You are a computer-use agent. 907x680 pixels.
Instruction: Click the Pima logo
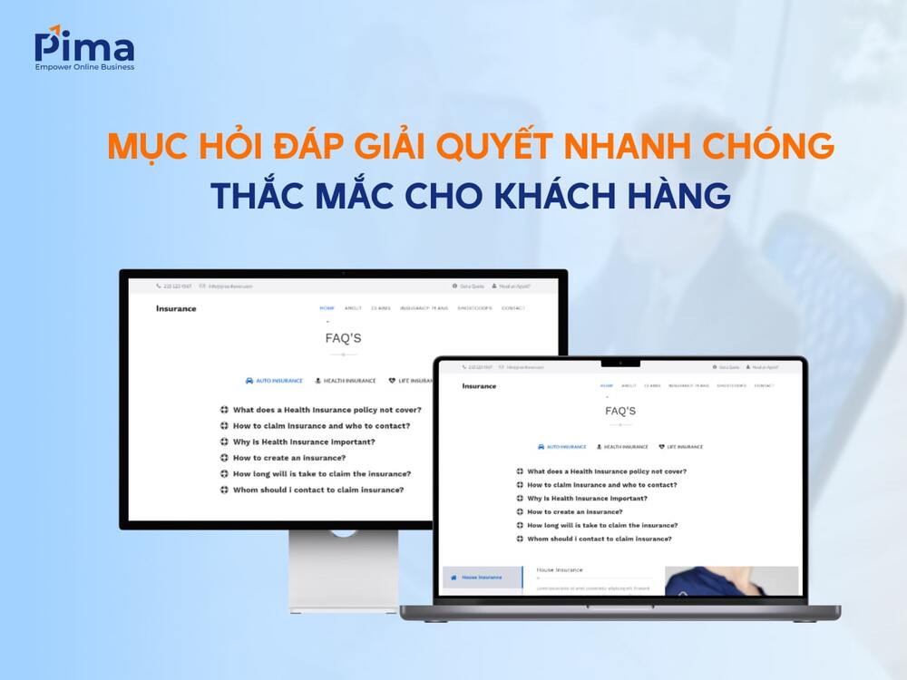[x=83, y=45]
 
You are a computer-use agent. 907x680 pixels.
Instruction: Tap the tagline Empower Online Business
[x=84, y=67]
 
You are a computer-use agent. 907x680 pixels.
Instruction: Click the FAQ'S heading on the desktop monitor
[x=343, y=338]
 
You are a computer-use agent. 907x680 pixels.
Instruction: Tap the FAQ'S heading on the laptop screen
[x=620, y=411]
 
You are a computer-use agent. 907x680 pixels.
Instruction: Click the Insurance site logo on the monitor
[x=176, y=308]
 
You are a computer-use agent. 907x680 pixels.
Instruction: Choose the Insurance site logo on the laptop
[x=479, y=386]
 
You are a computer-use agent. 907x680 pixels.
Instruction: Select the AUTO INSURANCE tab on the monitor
[x=275, y=381]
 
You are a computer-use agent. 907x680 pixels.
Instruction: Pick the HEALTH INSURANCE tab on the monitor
[x=346, y=381]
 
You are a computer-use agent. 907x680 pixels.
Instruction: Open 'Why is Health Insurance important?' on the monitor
[x=303, y=442]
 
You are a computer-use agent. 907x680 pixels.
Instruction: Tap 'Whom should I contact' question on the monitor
[x=317, y=490]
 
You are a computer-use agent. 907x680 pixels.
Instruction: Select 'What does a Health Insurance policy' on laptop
[x=606, y=471]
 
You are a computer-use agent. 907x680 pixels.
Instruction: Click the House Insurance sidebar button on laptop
[x=482, y=577]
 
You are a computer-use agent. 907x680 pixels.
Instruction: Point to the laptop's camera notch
[x=620, y=364]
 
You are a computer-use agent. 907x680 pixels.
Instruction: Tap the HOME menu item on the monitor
[x=327, y=308]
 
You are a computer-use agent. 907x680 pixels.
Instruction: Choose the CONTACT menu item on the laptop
[x=764, y=386]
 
